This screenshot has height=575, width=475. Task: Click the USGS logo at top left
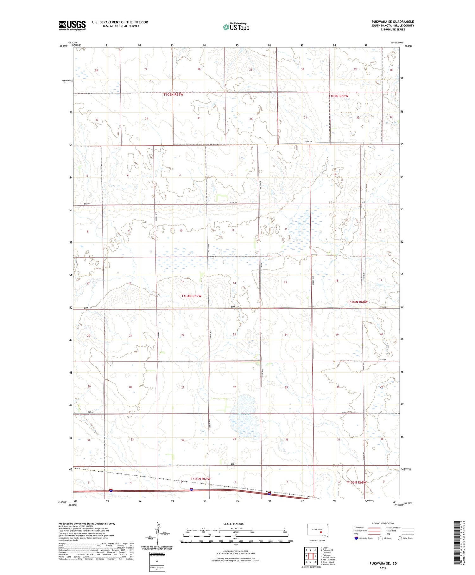72,25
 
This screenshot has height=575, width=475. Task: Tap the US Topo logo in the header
236,27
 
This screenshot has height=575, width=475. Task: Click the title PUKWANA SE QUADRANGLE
393,22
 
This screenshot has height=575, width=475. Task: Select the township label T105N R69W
173,95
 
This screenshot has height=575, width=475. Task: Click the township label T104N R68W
358,302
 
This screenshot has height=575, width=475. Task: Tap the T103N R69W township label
200,479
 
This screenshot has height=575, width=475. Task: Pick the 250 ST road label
243,464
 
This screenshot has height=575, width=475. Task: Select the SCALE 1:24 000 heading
234,524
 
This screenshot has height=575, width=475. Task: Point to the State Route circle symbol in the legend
400,538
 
